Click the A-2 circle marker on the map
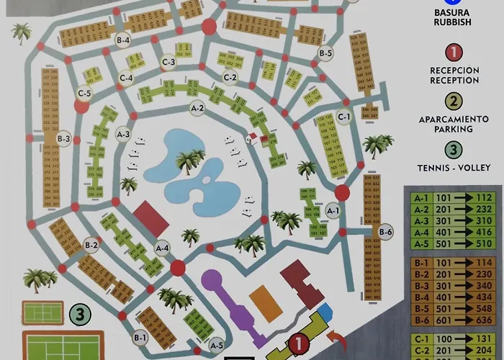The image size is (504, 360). [x=197, y=109]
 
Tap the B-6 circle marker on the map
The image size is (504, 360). [x=385, y=232]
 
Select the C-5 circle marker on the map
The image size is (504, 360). [x=84, y=93]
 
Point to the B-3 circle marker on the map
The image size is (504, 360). [x=63, y=139]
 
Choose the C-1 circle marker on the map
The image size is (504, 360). [x=344, y=116]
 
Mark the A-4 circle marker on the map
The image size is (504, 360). [x=162, y=248]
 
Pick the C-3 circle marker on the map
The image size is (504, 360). [x=168, y=63]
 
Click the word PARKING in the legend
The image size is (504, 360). [x=454, y=130]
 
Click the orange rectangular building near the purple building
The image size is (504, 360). [x=263, y=299]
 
